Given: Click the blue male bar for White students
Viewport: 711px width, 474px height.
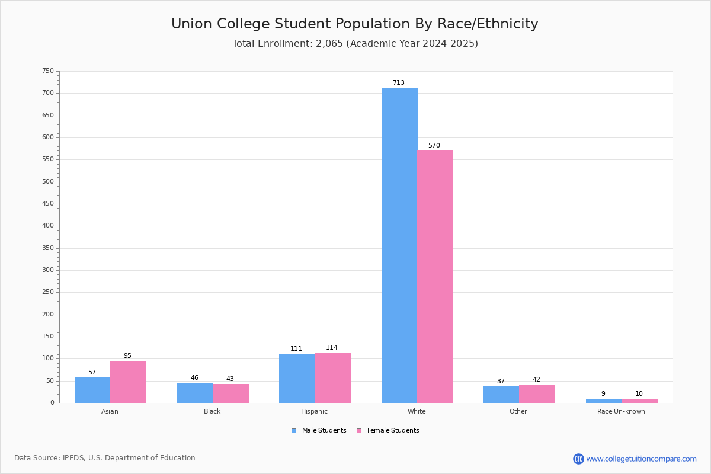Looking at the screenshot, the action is [x=399, y=245].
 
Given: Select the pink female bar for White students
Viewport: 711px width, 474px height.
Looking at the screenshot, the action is [x=435, y=277].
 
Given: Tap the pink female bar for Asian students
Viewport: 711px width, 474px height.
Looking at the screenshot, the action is [x=128, y=382].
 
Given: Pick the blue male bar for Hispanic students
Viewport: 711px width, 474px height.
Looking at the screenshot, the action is [x=297, y=379].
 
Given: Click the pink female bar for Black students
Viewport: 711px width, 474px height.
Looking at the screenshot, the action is [x=230, y=393].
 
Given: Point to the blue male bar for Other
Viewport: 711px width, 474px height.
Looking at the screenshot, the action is [x=501, y=395].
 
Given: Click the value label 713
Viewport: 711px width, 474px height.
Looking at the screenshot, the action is [x=399, y=82].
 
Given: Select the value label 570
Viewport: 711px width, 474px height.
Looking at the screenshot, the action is [x=434, y=145].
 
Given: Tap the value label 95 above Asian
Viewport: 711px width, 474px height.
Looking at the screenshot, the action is [x=127, y=355].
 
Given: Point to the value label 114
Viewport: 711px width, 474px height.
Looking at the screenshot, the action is [x=332, y=347].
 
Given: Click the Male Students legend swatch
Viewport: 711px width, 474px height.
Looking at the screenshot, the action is [x=294, y=431].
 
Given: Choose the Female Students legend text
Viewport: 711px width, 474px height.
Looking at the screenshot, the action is [x=393, y=430].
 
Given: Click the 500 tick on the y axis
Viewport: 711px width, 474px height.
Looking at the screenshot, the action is [x=48, y=181].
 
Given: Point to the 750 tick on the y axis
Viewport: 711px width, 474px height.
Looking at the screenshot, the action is [x=48, y=71].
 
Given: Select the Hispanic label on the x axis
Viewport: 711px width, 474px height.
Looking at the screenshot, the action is [x=314, y=411].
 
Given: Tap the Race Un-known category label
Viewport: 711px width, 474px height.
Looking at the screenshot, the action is [x=621, y=411].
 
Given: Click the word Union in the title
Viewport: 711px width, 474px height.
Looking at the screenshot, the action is [x=192, y=24].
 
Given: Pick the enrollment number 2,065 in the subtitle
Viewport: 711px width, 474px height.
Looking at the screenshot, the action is [x=329, y=43].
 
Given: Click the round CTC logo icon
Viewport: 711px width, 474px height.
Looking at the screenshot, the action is [x=578, y=459].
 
